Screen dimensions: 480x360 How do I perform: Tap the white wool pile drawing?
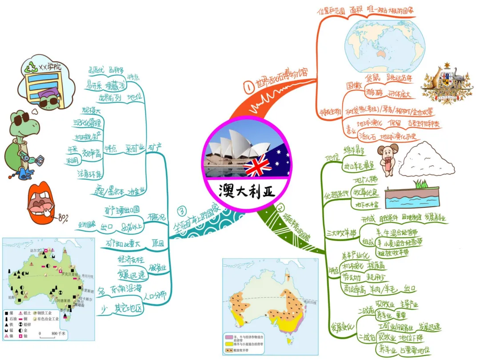pos(429,160)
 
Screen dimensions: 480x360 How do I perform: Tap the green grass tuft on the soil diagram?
pos(420,183)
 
